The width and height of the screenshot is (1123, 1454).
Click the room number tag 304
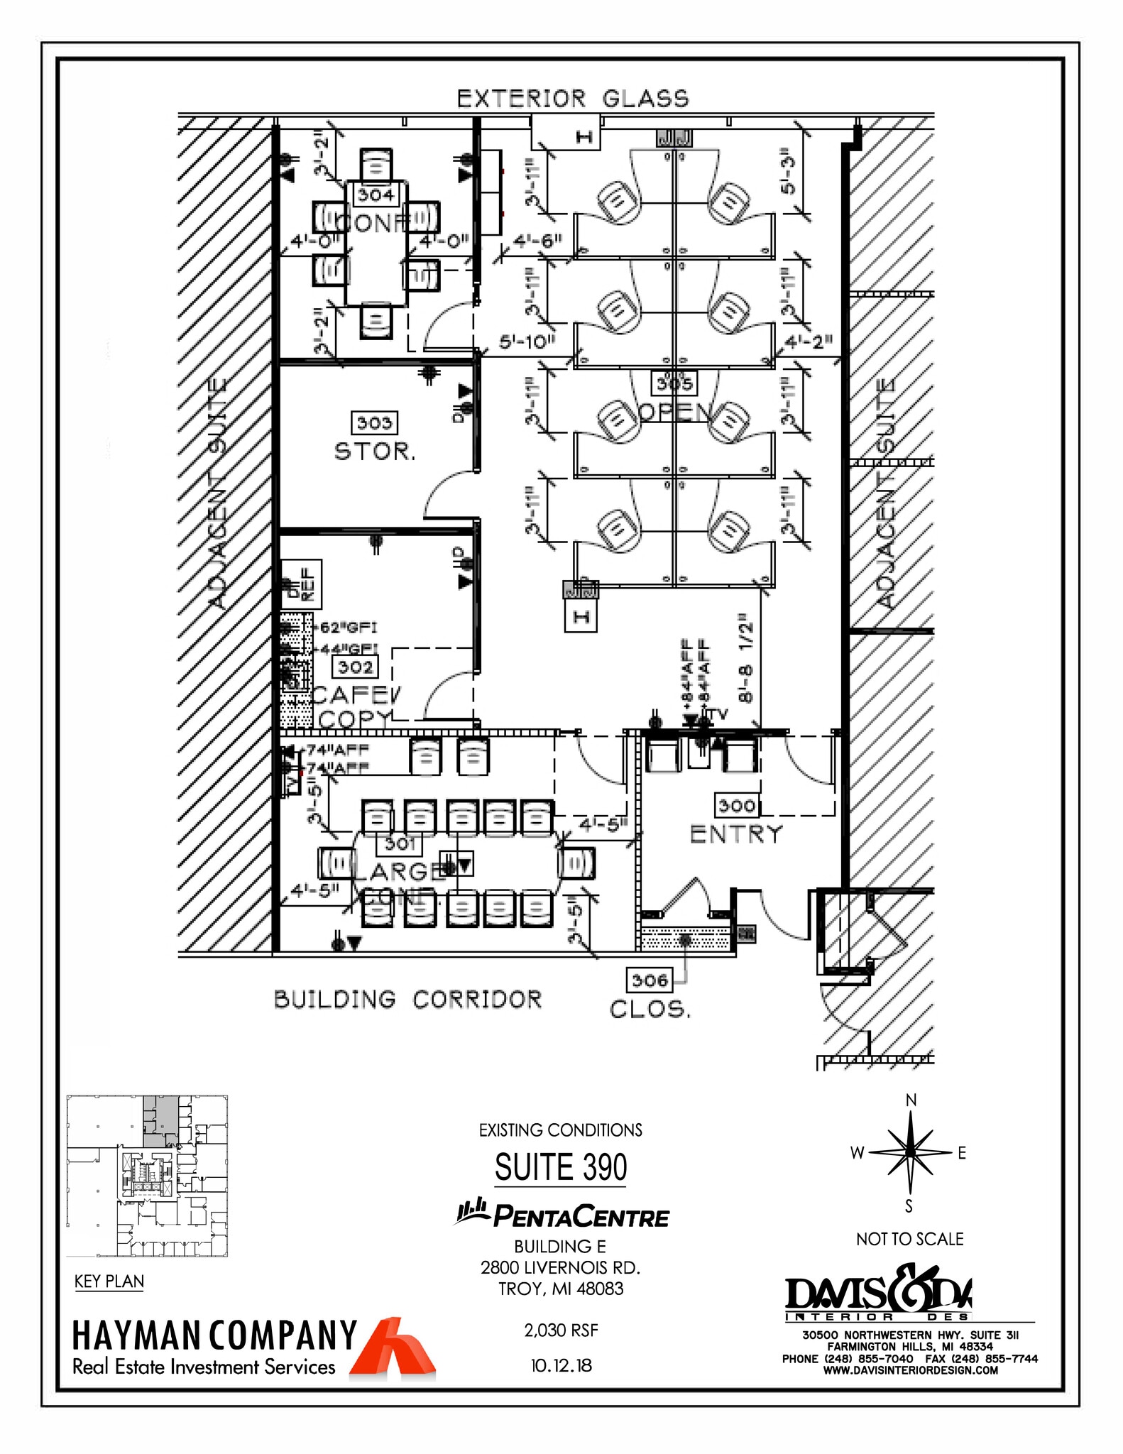pos(376,194)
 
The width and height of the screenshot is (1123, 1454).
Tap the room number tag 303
pos(374,423)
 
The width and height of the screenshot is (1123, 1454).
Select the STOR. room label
pos(374,452)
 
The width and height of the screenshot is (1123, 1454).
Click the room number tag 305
pos(674,384)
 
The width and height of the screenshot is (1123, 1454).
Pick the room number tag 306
pos(649,980)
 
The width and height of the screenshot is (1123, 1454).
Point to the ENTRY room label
pos(736,834)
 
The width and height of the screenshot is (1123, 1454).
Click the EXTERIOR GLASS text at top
pos(572,99)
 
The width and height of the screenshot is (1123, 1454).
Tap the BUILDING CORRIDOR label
pos(407,1000)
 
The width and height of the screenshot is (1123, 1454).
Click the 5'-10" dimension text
pos(526,341)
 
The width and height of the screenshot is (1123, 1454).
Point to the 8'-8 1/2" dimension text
pos(745,658)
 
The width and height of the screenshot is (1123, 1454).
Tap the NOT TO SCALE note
pos(909,1239)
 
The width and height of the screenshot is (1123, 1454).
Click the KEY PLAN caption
pos(109,1281)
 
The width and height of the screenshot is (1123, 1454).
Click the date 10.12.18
pos(561,1365)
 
